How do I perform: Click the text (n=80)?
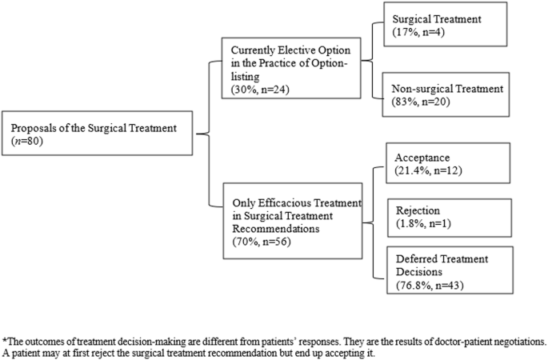pyautogui.click(x=30, y=139)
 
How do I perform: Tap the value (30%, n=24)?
pyautogui.click(x=258, y=88)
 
